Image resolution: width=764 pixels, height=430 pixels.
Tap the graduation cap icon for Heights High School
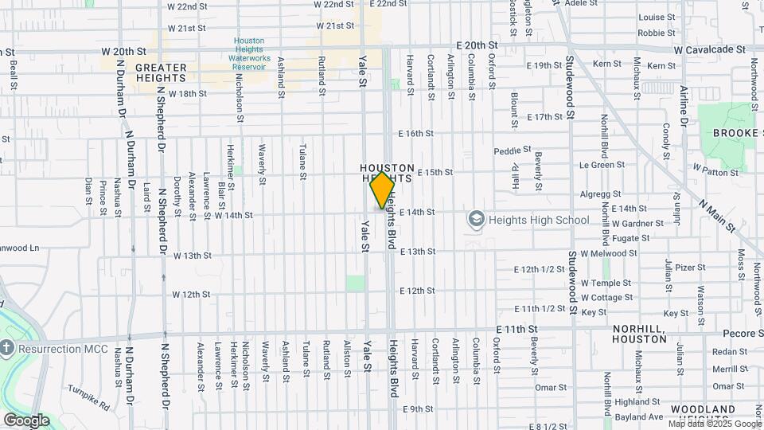(x=476, y=219)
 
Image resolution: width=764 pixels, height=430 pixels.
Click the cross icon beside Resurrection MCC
(x=7, y=348)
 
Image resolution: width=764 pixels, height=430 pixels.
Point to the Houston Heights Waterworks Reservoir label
(x=249, y=54)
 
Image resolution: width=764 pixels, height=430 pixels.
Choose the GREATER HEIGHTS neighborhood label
(x=161, y=72)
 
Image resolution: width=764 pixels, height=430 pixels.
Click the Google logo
(x=26, y=420)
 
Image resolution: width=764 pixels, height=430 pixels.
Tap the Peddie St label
(x=512, y=150)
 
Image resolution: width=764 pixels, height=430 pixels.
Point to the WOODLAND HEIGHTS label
(x=703, y=414)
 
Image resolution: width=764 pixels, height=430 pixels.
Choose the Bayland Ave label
(x=644, y=416)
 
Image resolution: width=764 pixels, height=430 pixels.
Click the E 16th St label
(x=416, y=134)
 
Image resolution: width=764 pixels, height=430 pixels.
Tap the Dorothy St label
(x=177, y=194)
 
